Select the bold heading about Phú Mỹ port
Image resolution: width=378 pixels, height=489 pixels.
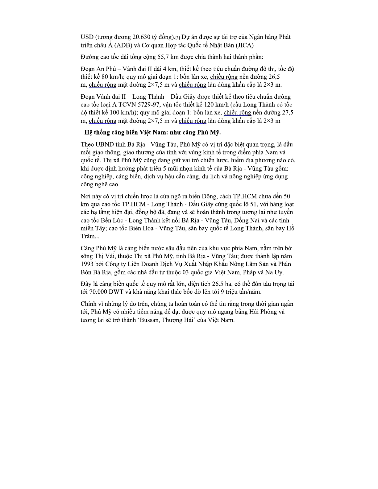click(151, 133)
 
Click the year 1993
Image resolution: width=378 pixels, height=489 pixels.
click(88, 264)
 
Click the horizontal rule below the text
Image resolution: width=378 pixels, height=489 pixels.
click(189, 367)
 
